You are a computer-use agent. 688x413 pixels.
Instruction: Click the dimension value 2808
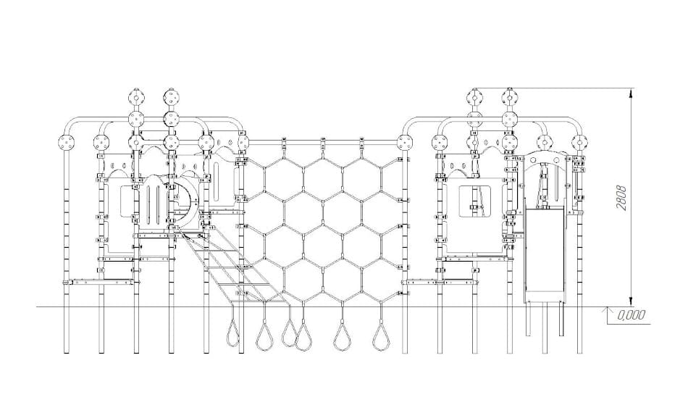point(621,198)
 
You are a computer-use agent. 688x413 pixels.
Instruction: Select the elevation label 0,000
point(631,315)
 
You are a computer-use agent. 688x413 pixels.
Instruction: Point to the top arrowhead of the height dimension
point(631,93)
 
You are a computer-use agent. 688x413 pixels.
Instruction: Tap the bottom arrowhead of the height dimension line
point(631,301)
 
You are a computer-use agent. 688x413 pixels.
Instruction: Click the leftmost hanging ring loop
point(233,333)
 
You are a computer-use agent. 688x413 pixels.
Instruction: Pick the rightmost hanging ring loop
point(381,337)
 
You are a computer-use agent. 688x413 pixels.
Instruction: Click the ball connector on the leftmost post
point(67,143)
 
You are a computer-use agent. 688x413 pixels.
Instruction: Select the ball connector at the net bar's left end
point(242,143)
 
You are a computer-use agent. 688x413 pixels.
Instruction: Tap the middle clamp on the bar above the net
point(323,143)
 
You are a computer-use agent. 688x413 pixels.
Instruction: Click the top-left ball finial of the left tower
point(136,96)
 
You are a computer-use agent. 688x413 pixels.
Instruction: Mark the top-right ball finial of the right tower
point(509,96)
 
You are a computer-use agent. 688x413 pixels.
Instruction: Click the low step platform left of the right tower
point(439,282)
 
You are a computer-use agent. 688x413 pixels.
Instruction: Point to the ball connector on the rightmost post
point(580,143)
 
